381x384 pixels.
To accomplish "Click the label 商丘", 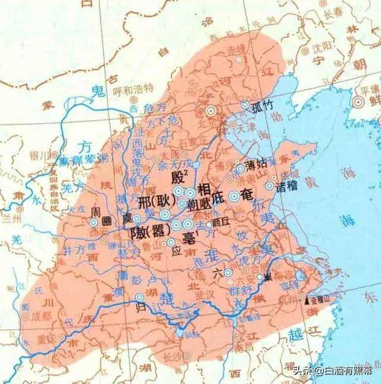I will pos(220,218).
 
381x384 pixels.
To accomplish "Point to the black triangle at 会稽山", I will pos(307,301).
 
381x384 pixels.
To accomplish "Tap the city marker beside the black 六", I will pos(228,273).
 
